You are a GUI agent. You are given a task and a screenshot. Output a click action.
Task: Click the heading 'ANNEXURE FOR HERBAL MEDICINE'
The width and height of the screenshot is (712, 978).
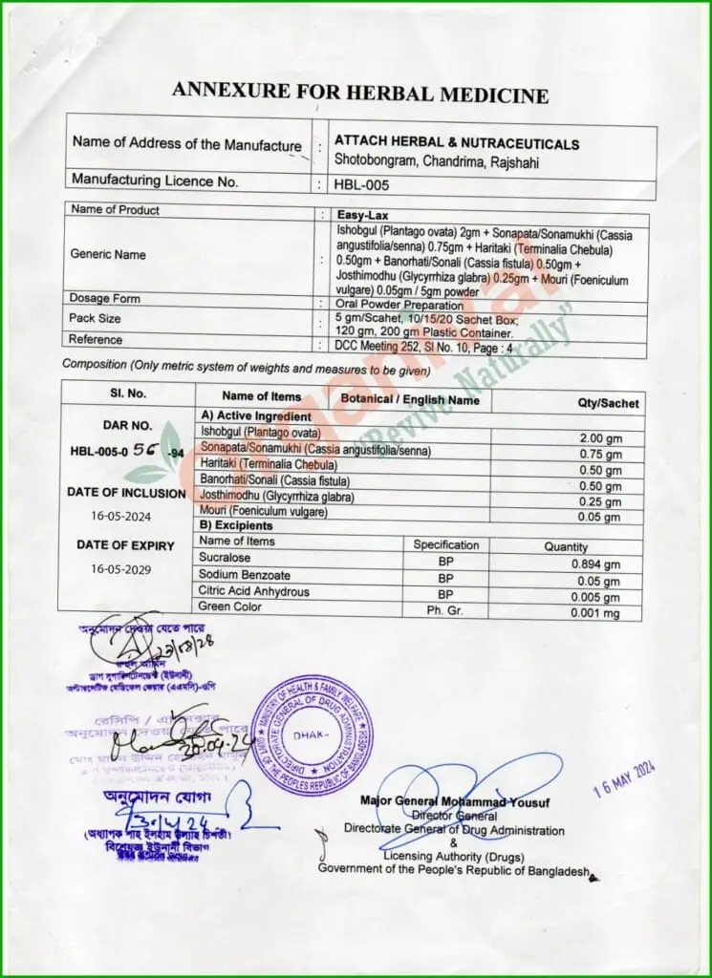pyautogui.click(x=360, y=94)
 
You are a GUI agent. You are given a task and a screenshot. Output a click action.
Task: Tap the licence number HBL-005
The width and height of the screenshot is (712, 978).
pyautogui.click(x=362, y=184)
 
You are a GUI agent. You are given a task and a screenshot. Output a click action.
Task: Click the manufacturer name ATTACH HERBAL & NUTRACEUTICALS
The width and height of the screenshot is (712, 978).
pyautogui.click(x=457, y=144)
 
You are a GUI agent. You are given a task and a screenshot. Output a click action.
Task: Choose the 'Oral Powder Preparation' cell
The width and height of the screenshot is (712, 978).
pyautogui.click(x=399, y=306)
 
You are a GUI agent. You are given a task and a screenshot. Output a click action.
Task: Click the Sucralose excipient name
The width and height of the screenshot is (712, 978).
pyautogui.click(x=225, y=558)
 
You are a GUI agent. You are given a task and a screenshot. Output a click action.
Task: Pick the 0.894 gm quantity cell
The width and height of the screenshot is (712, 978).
pyautogui.click(x=595, y=564)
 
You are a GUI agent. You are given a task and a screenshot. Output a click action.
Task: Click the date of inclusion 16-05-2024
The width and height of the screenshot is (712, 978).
pyautogui.click(x=120, y=517)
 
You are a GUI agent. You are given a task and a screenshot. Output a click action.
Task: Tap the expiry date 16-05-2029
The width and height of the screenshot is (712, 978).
pyautogui.click(x=120, y=568)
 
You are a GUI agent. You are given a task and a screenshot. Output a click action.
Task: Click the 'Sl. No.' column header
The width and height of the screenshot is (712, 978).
pyautogui.click(x=127, y=393)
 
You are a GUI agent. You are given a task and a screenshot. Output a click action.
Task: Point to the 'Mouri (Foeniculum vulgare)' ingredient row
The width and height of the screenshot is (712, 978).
pyautogui.click(x=263, y=512)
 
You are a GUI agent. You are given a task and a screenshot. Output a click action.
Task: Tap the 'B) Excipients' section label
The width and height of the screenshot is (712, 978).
pyautogui.click(x=235, y=525)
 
